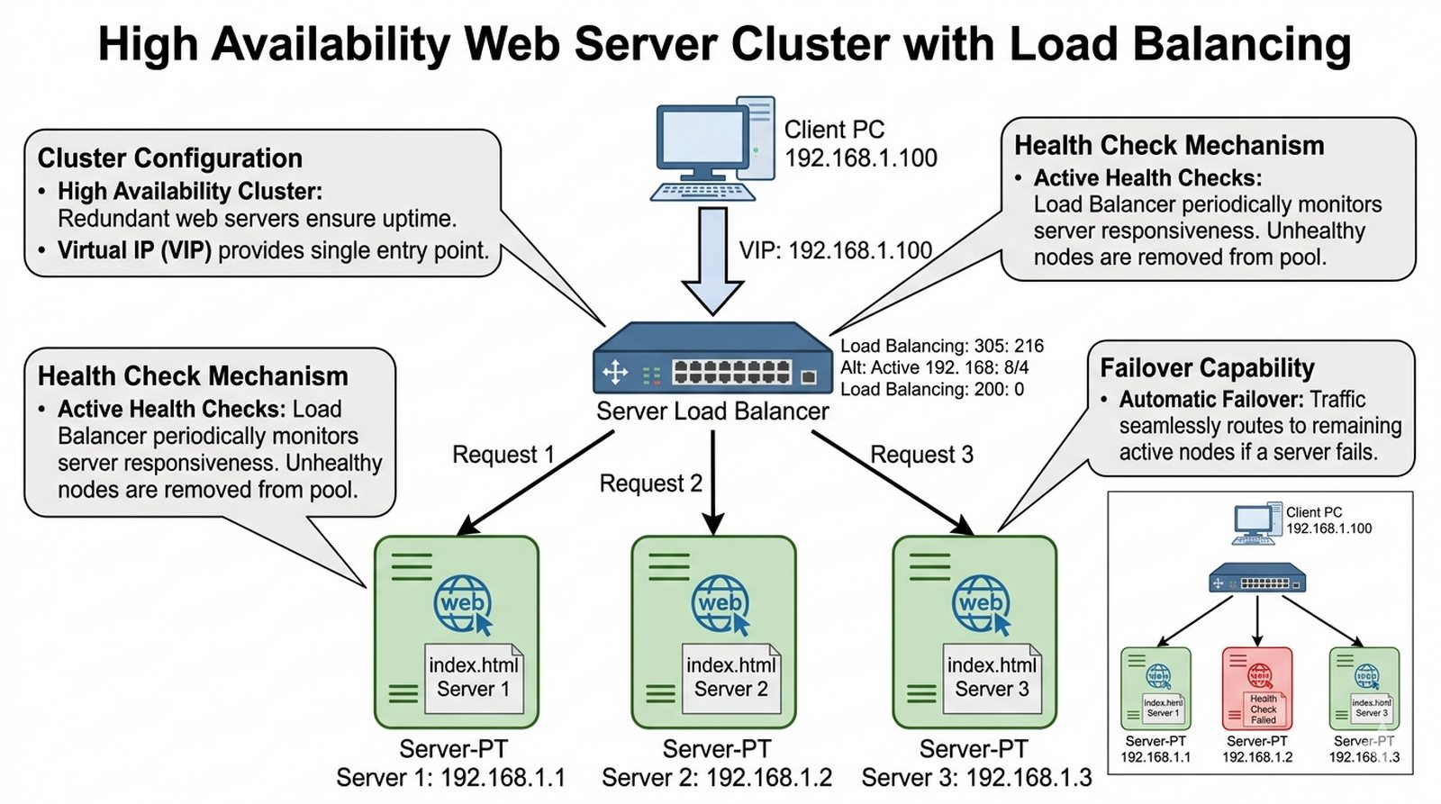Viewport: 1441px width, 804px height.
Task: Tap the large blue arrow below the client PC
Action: [712, 261]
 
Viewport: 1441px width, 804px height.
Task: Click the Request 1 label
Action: [503, 455]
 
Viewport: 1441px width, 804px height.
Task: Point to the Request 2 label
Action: [650, 483]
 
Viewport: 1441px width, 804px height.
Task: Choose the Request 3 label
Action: [921, 455]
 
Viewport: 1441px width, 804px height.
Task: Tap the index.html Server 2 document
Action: [730, 678]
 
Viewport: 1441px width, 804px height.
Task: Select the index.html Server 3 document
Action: [992, 678]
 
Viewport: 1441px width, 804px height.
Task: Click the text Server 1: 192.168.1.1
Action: [450, 778]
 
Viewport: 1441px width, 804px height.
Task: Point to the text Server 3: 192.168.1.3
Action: [976, 778]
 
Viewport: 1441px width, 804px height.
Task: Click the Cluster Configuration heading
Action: [170, 158]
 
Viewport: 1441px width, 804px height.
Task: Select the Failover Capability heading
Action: [1207, 368]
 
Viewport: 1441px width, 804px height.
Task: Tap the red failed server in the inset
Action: [1257, 689]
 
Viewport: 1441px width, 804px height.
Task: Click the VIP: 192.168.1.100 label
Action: [835, 250]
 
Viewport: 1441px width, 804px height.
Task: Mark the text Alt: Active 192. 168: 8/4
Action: [934, 367]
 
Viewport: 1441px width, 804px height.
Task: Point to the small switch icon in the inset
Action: [1257, 577]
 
